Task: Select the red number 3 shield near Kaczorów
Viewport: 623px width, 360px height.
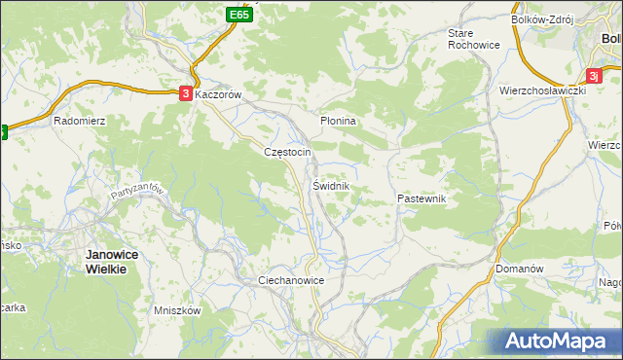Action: (x=185, y=94)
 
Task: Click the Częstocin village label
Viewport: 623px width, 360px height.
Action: (x=287, y=152)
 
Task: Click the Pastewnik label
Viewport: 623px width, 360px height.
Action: (x=421, y=198)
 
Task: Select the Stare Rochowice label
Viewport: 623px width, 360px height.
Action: (x=472, y=38)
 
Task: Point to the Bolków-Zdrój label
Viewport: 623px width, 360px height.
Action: (x=543, y=18)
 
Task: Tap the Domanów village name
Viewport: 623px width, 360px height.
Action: (x=518, y=268)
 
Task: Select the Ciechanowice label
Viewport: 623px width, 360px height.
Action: (x=290, y=280)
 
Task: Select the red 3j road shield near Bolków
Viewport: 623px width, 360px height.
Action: (x=593, y=75)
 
